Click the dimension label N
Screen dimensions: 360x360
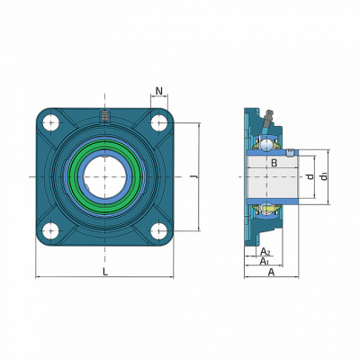159,91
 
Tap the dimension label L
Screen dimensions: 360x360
105,272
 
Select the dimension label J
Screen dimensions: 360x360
194,177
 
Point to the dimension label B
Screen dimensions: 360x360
274,163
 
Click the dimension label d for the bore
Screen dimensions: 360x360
310,176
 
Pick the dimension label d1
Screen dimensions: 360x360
324,176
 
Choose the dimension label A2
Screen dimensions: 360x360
265,251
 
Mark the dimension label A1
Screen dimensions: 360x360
265,261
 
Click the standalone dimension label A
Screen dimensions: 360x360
271,272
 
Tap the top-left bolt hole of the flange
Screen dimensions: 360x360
50,123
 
